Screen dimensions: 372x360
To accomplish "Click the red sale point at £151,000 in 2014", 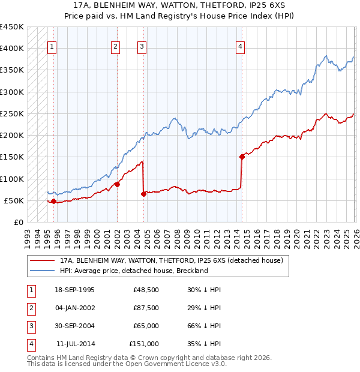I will click(x=242, y=157).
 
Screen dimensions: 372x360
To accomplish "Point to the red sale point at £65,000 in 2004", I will click(x=144, y=194).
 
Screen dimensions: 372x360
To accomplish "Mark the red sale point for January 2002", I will click(x=117, y=184).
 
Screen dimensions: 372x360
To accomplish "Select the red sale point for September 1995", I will click(x=54, y=201).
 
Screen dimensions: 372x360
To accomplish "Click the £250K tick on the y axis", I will click(x=12, y=113).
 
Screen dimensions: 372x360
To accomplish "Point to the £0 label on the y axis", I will click(x=19, y=222).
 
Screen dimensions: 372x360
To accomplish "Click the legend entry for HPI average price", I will click(x=133, y=271).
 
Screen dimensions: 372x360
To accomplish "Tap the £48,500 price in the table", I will click(x=146, y=290).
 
